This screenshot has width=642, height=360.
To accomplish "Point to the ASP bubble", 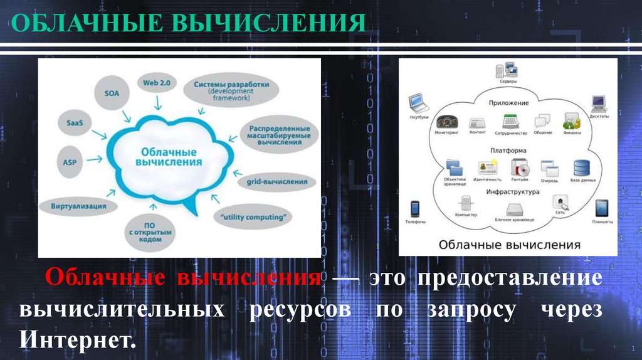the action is tap(69, 162).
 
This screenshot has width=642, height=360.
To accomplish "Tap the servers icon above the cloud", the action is tap(508, 70).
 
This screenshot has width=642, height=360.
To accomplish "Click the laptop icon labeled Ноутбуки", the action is tap(417, 103).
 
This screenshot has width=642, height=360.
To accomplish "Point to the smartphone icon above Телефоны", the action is tap(414, 208).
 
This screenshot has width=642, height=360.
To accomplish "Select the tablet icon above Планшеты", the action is tap(602, 207).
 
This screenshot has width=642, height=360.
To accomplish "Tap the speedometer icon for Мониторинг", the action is tap(446, 121).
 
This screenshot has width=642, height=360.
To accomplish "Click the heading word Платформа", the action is tap(508, 151).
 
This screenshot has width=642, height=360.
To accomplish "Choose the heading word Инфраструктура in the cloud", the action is tap(512, 193).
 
